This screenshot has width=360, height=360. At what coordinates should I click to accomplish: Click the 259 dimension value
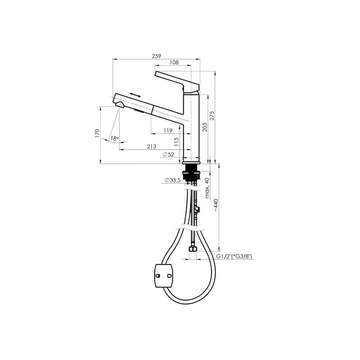coord(157,56)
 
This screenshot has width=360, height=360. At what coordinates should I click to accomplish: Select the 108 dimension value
coord(174,62)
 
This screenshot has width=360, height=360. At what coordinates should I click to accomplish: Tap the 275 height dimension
coord(212,116)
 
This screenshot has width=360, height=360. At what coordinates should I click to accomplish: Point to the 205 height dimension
coord(205,127)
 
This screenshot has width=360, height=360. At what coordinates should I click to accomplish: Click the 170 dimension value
coord(97,133)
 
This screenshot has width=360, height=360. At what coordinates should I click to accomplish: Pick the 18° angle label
coord(115,139)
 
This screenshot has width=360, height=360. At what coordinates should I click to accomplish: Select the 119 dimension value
coord(168,130)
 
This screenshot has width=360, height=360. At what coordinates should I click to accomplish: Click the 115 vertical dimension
coord(176,142)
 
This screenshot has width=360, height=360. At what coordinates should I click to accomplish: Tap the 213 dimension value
coord(152,147)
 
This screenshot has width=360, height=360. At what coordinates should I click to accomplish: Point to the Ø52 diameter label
coord(168,154)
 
